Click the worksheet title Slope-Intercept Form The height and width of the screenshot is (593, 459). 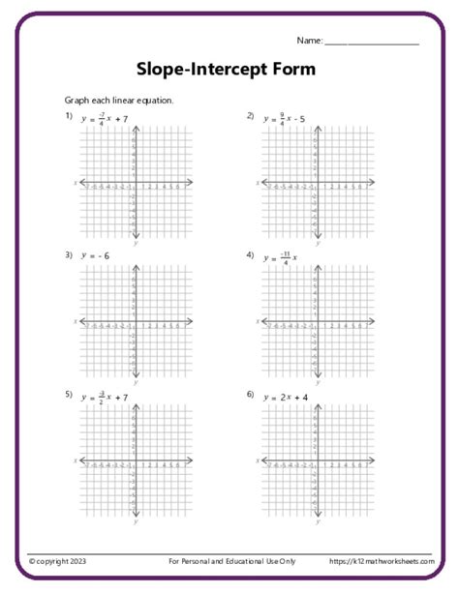tap(225, 70)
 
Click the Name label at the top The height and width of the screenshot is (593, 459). tap(309, 41)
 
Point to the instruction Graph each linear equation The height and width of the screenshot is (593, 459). tap(119, 101)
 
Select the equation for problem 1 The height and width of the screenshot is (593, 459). tap(107, 118)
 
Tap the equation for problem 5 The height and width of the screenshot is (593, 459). tap(107, 396)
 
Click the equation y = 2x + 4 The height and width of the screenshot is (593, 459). tap(291, 396)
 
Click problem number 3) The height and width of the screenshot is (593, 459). tap(69, 255)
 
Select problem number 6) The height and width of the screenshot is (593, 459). tap(250, 395)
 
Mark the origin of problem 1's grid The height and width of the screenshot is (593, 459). tap(135, 182)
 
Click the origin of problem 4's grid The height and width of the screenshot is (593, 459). tap(315, 321)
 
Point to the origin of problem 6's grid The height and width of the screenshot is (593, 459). tap(315, 460)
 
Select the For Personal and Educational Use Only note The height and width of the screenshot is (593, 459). tap(231, 561)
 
